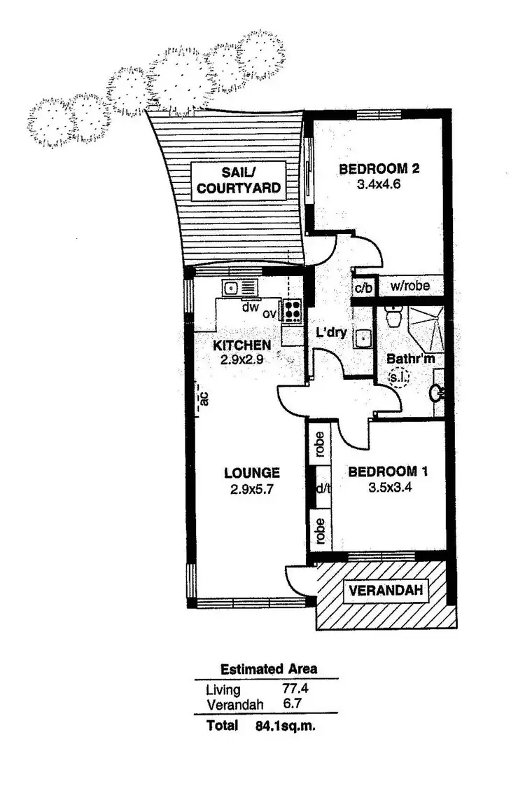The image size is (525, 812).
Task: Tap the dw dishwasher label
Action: pyautogui.click(x=251, y=306)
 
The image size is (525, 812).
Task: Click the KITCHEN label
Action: pyautogui.click(x=241, y=345)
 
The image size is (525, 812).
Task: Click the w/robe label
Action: pyautogui.click(x=409, y=286)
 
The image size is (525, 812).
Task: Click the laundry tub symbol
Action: pyautogui.click(x=363, y=338)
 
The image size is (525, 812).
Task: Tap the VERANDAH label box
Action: pyautogui.click(x=386, y=591)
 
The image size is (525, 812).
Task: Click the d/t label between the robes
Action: pyautogui.click(x=323, y=488)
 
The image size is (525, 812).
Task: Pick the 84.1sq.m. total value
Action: pyautogui.click(x=286, y=726)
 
